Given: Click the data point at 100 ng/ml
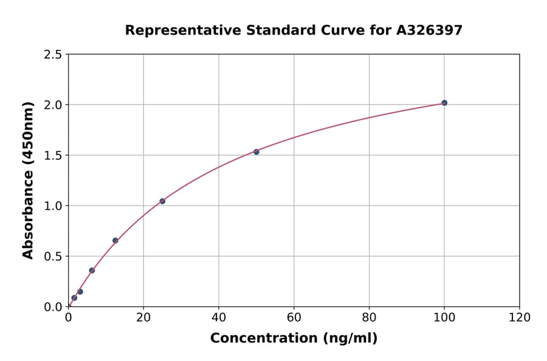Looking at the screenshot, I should (x=444, y=103).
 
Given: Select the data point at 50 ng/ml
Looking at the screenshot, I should (x=256, y=152).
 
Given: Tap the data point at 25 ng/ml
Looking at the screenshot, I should (x=162, y=201).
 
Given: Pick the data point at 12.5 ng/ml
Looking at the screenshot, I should (x=115, y=241).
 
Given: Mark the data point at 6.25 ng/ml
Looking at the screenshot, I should (x=92, y=270).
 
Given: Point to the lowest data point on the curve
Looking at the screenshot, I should (x=74, y=298).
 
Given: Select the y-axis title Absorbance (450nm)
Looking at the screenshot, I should (x=28, y=180).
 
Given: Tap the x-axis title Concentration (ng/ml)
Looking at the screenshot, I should (x=294, y=339).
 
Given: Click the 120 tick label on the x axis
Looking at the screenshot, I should (x=519, y=318).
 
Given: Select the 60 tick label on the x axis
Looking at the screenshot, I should (x=294, y=318).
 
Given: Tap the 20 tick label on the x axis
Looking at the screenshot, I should (x=143, y=318).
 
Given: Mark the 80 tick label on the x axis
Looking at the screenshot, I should (x=369, y=318).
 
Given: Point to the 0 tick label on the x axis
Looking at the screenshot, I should (x=68, y=318).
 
